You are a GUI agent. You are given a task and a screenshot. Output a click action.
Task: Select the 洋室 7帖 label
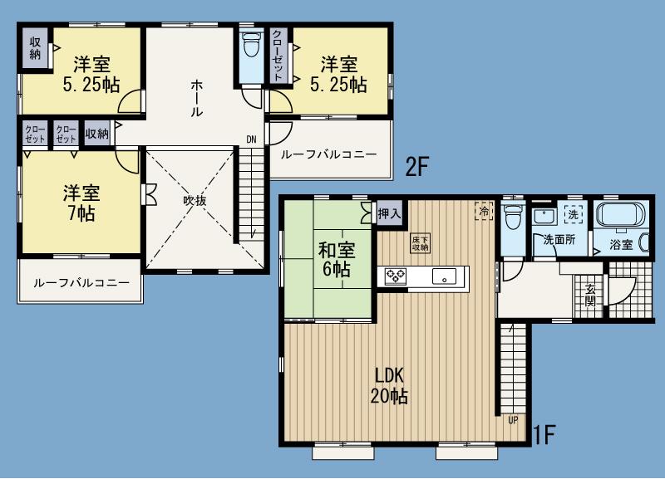pyautogui.click(x=81, y=203)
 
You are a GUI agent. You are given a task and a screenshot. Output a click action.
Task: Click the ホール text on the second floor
pyautogui.click(x=197, y=98)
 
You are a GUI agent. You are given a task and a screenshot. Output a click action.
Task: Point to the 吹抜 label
pyautogui.click(x=195, y=200)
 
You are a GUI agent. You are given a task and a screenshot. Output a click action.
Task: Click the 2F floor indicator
pyautogui.click(x=416, y=165)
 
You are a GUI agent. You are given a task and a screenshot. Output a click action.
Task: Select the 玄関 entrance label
pyautogui.click(x=589, y=295)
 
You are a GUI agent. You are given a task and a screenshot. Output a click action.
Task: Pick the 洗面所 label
pyautogui.click(x=559, y=241)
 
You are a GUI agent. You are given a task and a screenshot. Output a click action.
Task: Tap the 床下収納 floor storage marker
pyautogui.click(x=420, y=243)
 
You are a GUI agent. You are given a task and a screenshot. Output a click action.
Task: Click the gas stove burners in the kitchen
pyautogui.click(x=393, y=276)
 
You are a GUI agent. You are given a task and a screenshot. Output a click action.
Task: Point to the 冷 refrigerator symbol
pyautogui.click(x=483, y=211)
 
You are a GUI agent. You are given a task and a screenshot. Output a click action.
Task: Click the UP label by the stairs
pyautogui.click(x=513, y=420)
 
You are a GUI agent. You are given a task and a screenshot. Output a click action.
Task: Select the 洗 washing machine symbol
pyautogui.click(x=573, y=213)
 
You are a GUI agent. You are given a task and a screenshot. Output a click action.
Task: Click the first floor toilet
pyautogui.click(x=512, y=218)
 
